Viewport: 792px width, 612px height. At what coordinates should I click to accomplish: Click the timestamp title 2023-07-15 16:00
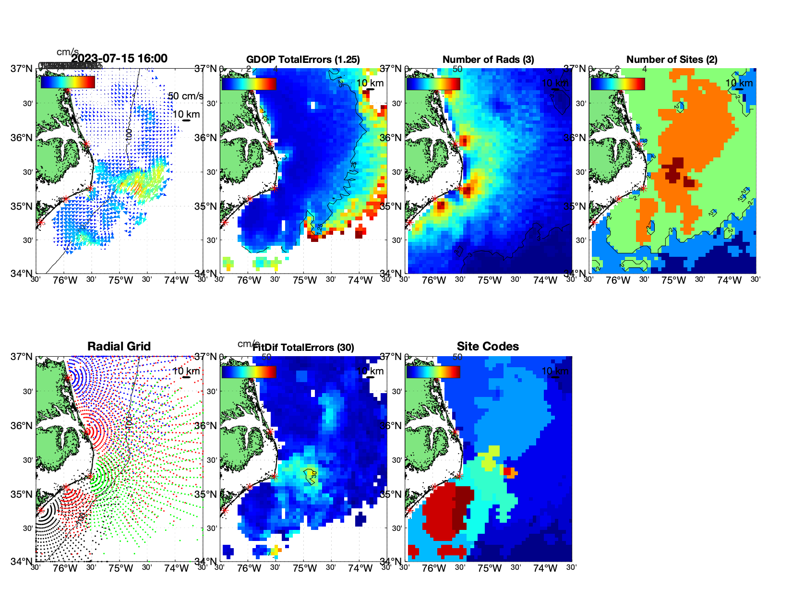coord(119,59)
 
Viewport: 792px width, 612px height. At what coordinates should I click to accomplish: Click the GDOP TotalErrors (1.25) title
coord(303,60)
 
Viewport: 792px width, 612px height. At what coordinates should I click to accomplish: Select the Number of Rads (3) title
coord(488,60)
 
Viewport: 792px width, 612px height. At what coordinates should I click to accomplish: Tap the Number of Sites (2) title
coord(672,60)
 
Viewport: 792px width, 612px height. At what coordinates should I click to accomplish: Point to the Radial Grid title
coord(119,347)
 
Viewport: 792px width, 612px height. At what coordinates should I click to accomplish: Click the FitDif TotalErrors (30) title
coord(304,348)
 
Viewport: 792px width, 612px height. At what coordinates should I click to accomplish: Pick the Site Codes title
coord(488,347)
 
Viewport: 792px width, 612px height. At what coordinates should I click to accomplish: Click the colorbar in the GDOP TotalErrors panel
coord(249,84)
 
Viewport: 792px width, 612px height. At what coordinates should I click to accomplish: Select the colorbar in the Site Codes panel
coord(433,372)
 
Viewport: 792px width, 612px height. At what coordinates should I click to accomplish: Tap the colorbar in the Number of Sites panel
coord(617,84)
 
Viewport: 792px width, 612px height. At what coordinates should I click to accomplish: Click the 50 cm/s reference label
coord(185,96)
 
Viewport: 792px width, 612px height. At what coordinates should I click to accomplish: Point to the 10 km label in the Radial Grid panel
coord(186,371)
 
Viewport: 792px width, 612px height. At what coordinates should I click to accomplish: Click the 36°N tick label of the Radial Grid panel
coord(22,426)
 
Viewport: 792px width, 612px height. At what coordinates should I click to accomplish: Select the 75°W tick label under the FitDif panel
coord(305,569)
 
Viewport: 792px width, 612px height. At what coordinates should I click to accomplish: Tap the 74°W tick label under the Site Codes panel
coord(545,569)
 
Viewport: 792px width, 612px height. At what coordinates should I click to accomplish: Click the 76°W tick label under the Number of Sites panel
coord(618,281)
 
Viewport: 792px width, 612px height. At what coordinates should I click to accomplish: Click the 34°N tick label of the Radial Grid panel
coord(22,562)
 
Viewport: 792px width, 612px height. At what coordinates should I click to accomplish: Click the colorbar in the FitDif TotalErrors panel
coord(249,372)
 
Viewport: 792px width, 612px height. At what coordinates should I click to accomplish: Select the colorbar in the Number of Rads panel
coord(433,84)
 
